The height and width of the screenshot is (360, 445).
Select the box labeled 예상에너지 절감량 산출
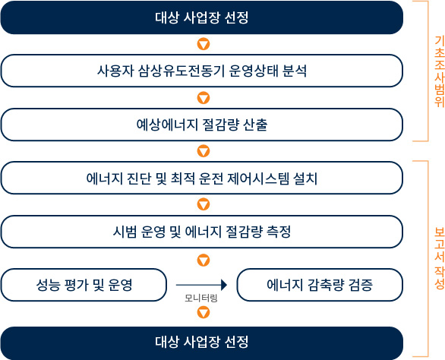[x=202, y=125]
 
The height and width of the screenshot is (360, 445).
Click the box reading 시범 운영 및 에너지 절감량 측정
[x=202, y=232]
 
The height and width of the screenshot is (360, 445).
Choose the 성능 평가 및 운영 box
[x=84, y=285]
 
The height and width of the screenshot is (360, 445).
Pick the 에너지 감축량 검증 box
[x=320, y=285]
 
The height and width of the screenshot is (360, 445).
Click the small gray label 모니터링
[x=201, y=298]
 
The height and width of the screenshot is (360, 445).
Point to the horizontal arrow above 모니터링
[x=201, y=285]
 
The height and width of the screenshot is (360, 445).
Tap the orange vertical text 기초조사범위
[x=440, y=71]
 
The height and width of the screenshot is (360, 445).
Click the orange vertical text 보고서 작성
[x=440, y=258]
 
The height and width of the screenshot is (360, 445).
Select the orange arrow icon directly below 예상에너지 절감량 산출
[x=204, y=151]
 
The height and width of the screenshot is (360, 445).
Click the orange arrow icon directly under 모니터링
[x=204, y=313]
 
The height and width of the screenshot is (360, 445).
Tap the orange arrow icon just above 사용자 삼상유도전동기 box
[x=204, y=44]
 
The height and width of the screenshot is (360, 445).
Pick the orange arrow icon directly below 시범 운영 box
[x=204, y=260]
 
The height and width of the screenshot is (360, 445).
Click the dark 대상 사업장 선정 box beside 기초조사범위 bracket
[x=202, y=17]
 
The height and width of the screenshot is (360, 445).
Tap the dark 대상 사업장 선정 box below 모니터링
[x=202, y=342]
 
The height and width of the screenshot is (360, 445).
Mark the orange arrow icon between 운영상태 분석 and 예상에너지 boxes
[x=204, y=98]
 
